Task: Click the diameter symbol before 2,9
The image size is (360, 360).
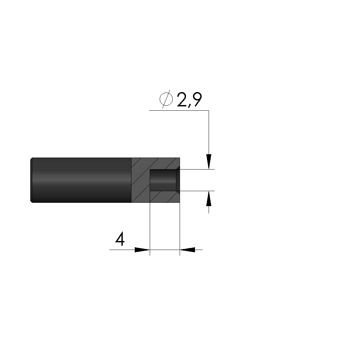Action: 166,99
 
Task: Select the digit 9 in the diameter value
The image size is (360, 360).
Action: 197,100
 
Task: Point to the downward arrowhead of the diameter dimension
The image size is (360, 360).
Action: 209,162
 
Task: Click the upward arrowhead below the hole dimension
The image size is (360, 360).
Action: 209,198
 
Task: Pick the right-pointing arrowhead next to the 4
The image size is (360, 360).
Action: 142,250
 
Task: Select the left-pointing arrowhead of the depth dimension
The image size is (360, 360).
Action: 187,250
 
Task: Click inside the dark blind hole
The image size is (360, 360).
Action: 163,180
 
